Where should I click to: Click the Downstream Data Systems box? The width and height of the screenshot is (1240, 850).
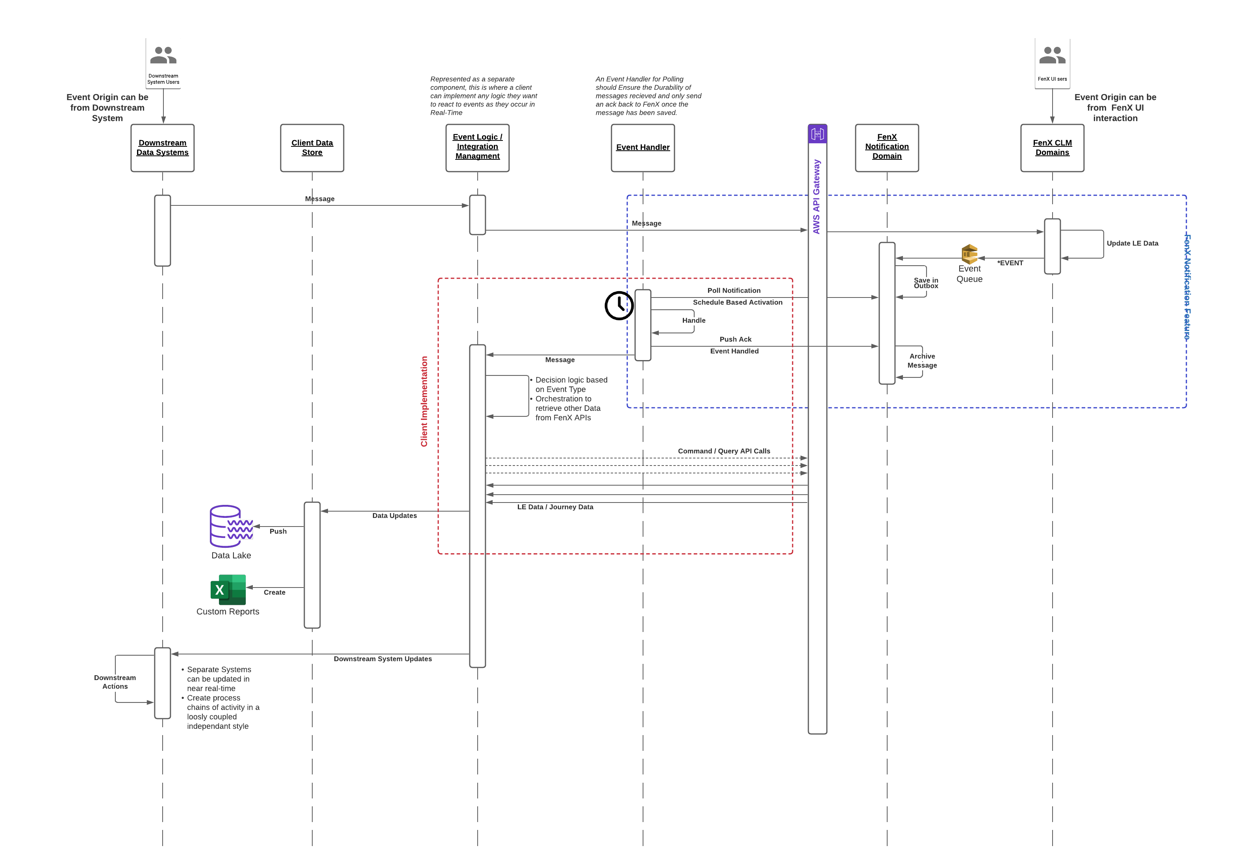coord(162,148)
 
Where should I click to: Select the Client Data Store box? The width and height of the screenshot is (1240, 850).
coord(312,148)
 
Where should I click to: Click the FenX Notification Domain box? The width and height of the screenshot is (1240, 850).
coord(887,148)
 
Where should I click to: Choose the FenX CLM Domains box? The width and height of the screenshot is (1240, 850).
coord(1052,148)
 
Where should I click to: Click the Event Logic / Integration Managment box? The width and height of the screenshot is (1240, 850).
coord(478,148)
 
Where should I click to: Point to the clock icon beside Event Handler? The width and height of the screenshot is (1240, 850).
coord(619,305)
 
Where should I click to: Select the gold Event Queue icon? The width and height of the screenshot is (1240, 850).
coord(969,254)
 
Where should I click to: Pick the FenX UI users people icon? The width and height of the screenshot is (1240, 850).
coord(1052,55)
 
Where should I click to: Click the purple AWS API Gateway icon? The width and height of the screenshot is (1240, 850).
coord(817,134)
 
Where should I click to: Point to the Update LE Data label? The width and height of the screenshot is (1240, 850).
coord(1132,243)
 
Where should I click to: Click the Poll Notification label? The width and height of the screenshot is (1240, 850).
coord(734,291)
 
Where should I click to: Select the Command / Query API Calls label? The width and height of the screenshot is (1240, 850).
coord(724,451)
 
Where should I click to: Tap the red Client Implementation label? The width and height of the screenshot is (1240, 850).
coord(424,401)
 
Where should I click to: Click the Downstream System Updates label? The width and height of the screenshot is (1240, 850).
coord(383,659)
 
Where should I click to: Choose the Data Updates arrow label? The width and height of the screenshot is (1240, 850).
coord(394,516)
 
